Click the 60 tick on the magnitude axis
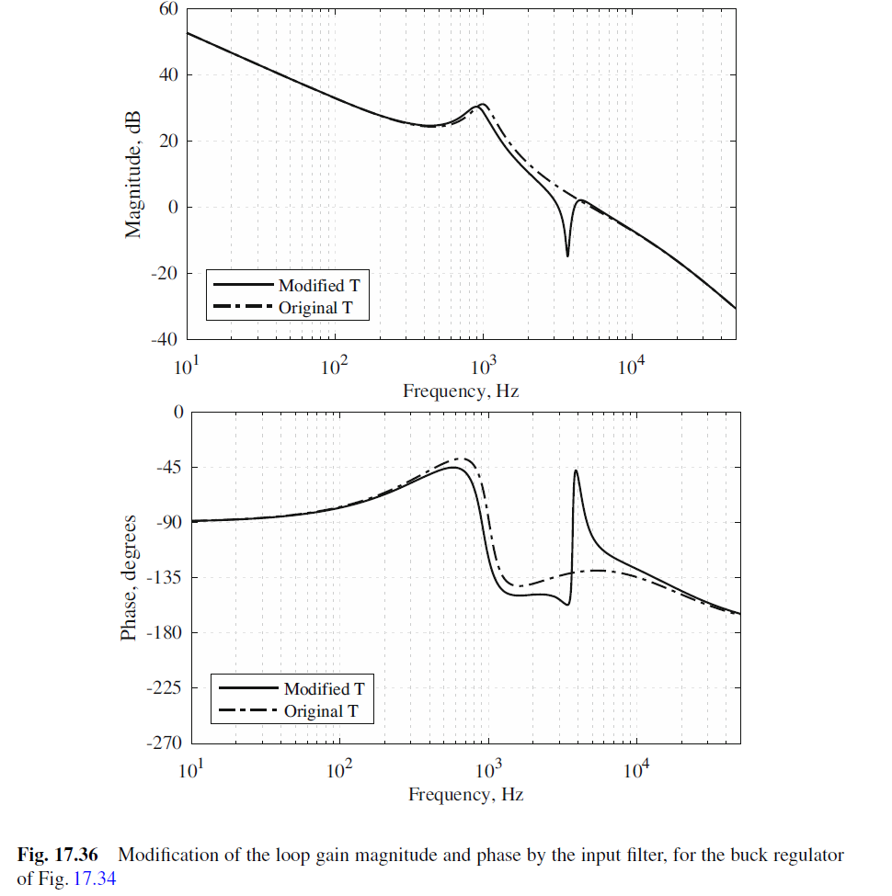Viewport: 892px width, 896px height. coord(166,9)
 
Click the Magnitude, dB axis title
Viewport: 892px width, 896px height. coord(134,174)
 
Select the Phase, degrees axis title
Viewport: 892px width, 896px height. coord(130,577)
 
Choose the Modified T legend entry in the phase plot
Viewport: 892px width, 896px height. coord(316,688)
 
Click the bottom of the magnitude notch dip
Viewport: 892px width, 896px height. coord(567,255)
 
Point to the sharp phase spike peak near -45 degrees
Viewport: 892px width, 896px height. coord(576,471)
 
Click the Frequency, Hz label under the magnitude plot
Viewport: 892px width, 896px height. coord(461,391)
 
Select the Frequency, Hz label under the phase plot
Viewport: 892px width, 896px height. coord(465,794)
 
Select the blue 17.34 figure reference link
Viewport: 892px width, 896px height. coord(97,879)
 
